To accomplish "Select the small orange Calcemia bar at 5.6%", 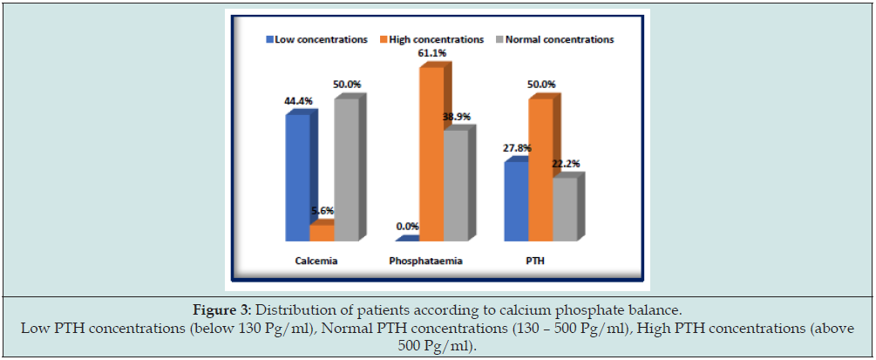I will click(322, 233).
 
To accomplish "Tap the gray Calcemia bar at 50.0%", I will click(346, 169).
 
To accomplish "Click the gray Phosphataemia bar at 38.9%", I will click(455, 185).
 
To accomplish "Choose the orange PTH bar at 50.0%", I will click(540, 169).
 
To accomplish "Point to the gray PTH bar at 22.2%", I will click(564, 208).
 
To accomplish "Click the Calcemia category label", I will click(316, 261).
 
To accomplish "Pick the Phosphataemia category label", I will click(425, 261).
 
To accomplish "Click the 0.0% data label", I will click(407, 226).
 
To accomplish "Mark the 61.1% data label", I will click(432, 53).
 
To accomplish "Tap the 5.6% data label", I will click(323, 211).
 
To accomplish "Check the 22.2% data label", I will click(566, 164).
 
